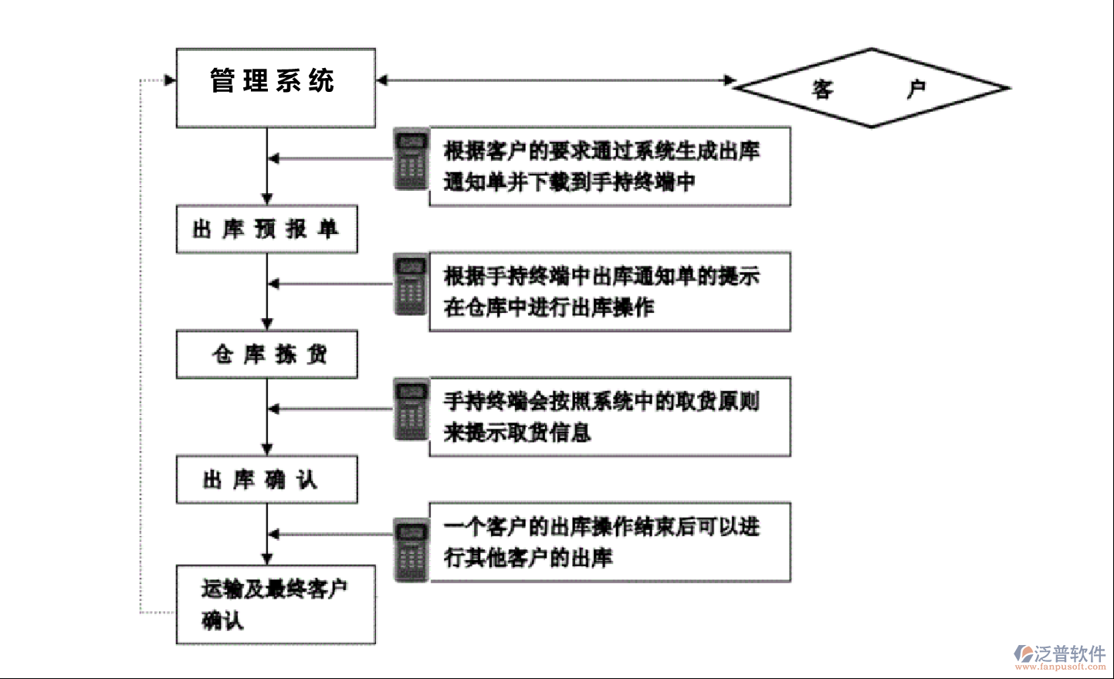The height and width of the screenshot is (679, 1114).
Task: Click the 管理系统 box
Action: (x=276, y=87)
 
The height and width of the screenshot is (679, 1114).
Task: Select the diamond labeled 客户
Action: (x=871, y=88)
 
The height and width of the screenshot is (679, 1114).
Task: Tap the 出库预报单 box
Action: (x=266, y=229)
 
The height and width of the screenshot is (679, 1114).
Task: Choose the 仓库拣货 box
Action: (x=266, y=354)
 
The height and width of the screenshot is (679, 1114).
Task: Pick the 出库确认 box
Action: (x=266, y=479)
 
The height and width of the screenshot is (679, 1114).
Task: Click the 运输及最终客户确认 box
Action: (x=276, y=604)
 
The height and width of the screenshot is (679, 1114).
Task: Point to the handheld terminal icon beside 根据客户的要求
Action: (x=411, y=159)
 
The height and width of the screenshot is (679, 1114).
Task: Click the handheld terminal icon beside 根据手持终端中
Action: (x=411, y=284)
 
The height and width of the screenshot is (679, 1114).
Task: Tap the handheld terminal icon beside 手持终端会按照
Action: (x=411, y=409)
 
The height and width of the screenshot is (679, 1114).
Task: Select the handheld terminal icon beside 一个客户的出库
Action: (x=411, y=550)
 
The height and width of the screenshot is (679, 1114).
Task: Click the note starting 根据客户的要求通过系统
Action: (x=609, y=166)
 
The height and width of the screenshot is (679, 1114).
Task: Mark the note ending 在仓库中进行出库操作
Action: (x=609, y=291)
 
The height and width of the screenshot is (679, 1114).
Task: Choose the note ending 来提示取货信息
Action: (x=609, y=416)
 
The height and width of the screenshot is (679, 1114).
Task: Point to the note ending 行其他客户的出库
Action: (x=609, y=542)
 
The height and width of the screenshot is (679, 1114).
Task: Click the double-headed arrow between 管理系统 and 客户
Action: (x=556, y=80)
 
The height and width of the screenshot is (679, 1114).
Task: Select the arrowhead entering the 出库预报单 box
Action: (x=267, y=199)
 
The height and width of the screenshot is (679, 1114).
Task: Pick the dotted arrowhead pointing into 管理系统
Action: (x=170, y=80)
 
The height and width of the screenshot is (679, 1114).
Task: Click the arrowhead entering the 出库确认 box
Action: (x=267, y=449)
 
